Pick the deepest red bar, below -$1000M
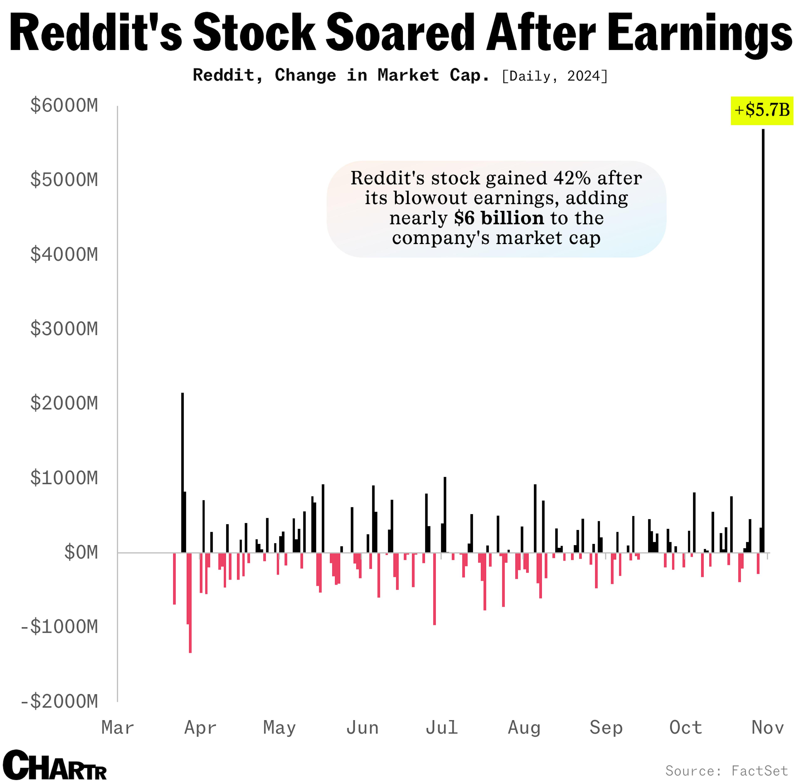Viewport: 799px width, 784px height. (x=190, y=605)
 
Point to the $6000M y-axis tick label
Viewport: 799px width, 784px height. (x=64, y=106)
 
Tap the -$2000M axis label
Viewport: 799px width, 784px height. (x=60, y=701)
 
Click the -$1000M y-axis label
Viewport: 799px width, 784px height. (x=60, y=627)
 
